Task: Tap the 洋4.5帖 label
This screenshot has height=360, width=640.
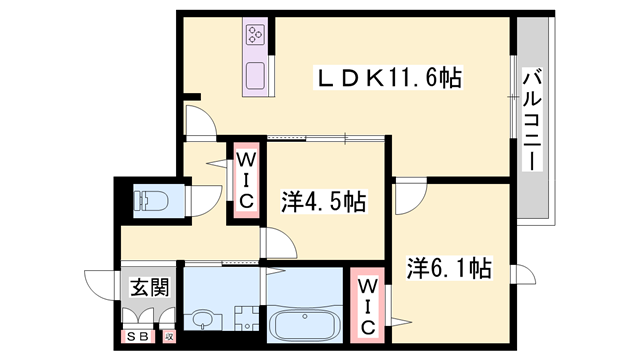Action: (322, 201)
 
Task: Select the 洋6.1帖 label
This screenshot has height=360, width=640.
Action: (448, 268)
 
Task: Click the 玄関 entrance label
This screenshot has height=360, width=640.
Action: (149, 288)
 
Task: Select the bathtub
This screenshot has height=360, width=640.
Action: (306, 325)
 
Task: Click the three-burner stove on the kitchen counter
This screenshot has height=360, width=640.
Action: (254, 37)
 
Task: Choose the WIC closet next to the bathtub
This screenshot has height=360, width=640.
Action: (366, 305)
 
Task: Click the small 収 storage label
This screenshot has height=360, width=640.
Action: (169, 338)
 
